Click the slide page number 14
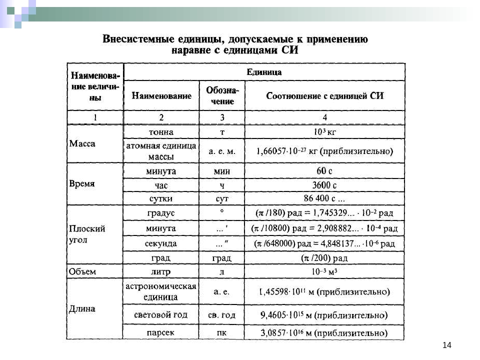446,345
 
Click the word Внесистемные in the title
136,39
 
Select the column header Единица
264,72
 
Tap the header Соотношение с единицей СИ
325,95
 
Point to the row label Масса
82,143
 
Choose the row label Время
82,183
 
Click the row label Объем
82,271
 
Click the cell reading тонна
161,132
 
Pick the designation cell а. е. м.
222,150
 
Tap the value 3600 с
324,184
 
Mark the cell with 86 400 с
324,198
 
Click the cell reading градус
161,213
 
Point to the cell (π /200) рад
324,258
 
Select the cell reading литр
161,271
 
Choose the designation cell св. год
222,315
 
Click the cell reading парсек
161,332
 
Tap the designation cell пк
222,332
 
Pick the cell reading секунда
161,243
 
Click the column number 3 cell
222,117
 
